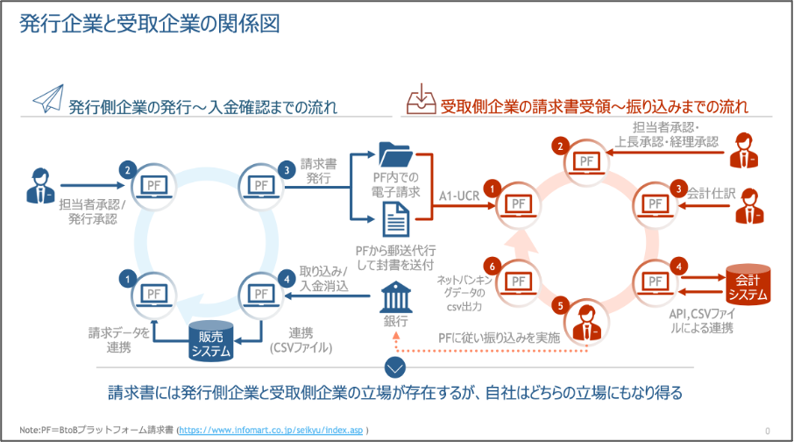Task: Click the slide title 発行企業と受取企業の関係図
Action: (x=149, y=25)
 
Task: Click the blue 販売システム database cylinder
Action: (x=211, y=340)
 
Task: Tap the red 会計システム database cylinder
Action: (x=748, y=285)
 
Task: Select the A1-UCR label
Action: (x=457, y=195)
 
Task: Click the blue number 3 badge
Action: (x=286, y=170)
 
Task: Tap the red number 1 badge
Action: (x=493, y=188)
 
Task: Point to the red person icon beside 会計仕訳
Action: (x=747, y=204)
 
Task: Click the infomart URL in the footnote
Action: (x=271, y=431)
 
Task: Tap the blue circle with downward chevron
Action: (x=396, y=367)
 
